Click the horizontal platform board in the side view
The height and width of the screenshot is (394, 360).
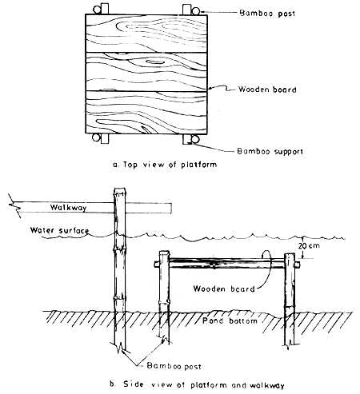224,261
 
